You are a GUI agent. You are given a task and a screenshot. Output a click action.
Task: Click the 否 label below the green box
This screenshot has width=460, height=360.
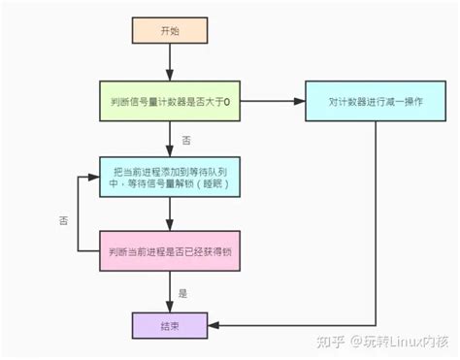point(185,141)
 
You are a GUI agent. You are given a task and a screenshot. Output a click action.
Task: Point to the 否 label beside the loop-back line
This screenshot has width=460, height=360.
point(62,221)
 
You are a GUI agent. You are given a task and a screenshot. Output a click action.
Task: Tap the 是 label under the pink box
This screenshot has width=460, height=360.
point(184,291)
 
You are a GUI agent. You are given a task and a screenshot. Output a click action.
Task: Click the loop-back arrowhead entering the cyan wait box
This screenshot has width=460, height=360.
point(96,177)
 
